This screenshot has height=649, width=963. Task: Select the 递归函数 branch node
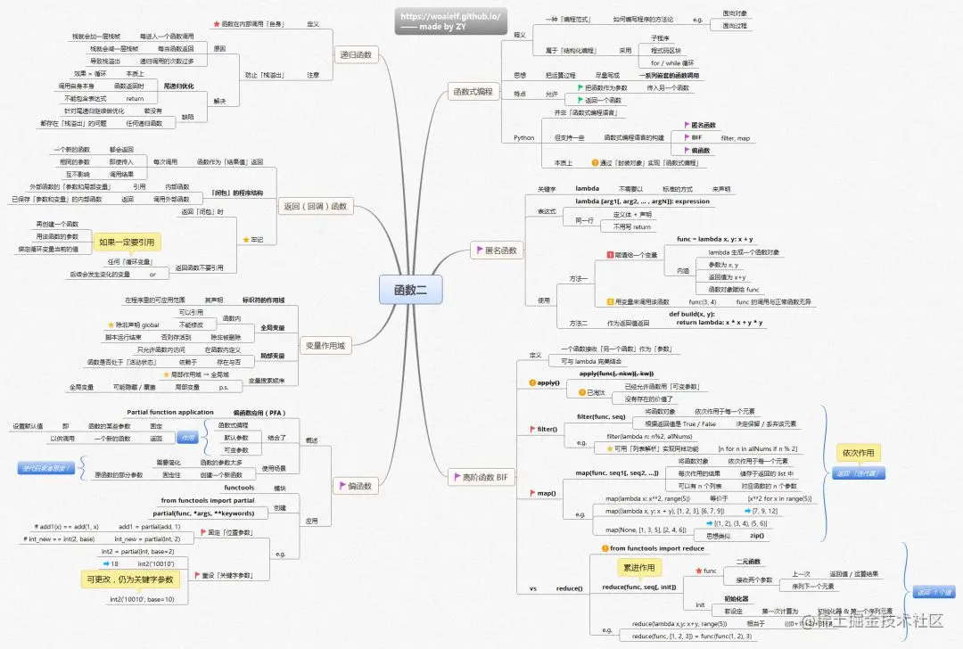[356, 55]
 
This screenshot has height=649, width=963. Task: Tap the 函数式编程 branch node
[473, 91]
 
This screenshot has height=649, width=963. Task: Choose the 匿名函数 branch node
[494, 251]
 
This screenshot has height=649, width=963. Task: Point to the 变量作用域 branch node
[325, 345]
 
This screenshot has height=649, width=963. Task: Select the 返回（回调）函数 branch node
[317, 206]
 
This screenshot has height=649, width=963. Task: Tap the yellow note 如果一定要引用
[127, 242]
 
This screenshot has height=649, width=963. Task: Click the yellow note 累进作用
[639, 567]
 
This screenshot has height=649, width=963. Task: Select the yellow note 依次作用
[858, 452]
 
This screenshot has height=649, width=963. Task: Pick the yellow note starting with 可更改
[131, 579]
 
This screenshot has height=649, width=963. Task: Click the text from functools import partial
[207, 501]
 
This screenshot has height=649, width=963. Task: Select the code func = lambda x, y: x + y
[714, 239]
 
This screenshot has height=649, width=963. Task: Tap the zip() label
[756, 535]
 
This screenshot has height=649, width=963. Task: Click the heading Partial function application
[170, 412]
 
